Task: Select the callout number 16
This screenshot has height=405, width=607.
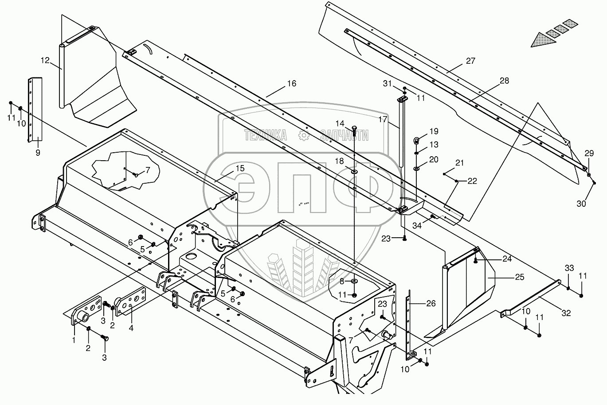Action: click(x=291, y=84)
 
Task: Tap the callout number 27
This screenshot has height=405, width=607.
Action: click(x=470, y=61)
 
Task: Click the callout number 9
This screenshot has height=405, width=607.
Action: click(x=38, y=153)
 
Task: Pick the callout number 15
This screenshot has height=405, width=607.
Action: click(x=240, y=169)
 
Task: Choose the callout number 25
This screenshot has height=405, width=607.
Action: click(x=520, y=277)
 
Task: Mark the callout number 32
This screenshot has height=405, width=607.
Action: click(x=566, y=313)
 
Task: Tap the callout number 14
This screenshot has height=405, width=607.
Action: click(x=340, y=123)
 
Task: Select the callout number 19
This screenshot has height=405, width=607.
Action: click(x=434, y=131)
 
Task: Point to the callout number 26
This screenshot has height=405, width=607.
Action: click(x=431, y=304)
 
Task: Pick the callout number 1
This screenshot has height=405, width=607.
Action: click(x=74, y=340)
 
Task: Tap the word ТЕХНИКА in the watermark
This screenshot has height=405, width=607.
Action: click(x=265, y=136)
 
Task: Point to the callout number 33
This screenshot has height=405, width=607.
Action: click(x=569, y=268)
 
